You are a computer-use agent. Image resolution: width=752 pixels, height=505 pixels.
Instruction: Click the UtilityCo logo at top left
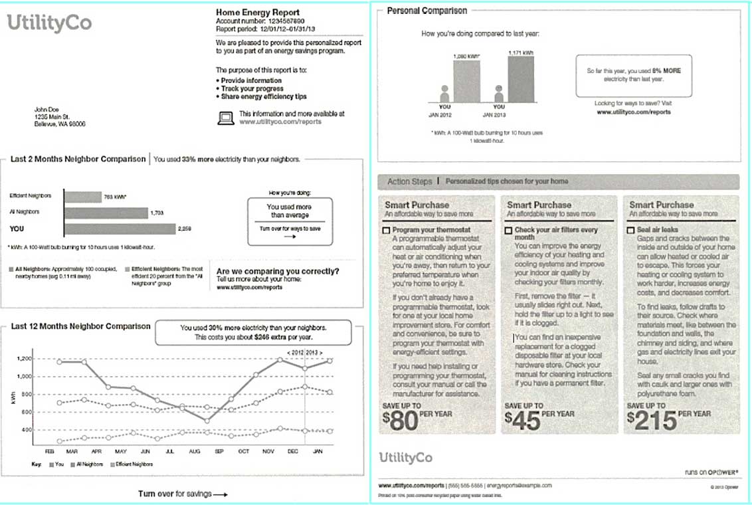click(x=49, y=24)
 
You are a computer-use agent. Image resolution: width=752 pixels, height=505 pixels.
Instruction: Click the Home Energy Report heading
click(x=258, y=12)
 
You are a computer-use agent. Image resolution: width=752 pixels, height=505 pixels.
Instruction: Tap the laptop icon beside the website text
click(x=226, y=118)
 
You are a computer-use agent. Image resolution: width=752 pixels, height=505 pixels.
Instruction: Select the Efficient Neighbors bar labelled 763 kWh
click(x=82, y=197)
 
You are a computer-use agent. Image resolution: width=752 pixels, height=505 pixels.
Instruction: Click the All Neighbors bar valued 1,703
click(x=106, y=213)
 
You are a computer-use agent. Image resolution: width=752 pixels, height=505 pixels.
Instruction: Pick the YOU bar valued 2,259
click(x=119, y=229)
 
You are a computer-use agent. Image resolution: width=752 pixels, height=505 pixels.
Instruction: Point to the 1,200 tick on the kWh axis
click(x=25, y=359)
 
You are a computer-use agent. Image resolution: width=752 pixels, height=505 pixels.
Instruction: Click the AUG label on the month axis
click(x=195, y=451)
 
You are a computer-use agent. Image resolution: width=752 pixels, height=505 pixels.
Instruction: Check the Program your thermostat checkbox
click(x=387, y=230)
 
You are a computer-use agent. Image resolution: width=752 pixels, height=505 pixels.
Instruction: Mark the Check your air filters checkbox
click(x=509, y=230)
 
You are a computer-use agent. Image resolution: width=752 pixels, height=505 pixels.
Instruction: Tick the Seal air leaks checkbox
click(x=631, y=230)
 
